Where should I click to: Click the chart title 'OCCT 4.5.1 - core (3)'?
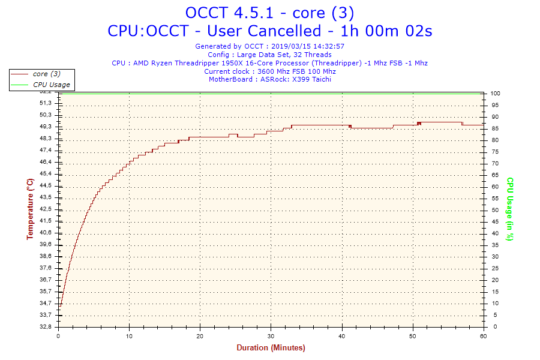pos(269,13)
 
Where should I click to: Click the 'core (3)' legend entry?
pos(46,74)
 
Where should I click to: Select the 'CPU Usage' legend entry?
pos(51,85)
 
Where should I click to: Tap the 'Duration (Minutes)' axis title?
pos(271,348)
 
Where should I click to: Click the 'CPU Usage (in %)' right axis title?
pos(510,209)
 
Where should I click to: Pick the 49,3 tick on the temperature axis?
pos(46,127)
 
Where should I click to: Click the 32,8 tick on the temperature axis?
pos(46,327)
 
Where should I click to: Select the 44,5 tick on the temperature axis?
pos(46,185)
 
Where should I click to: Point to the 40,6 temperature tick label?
pos(46,233)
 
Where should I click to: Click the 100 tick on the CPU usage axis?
pos(496,94)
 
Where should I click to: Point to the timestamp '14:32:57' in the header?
pos(328,46)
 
